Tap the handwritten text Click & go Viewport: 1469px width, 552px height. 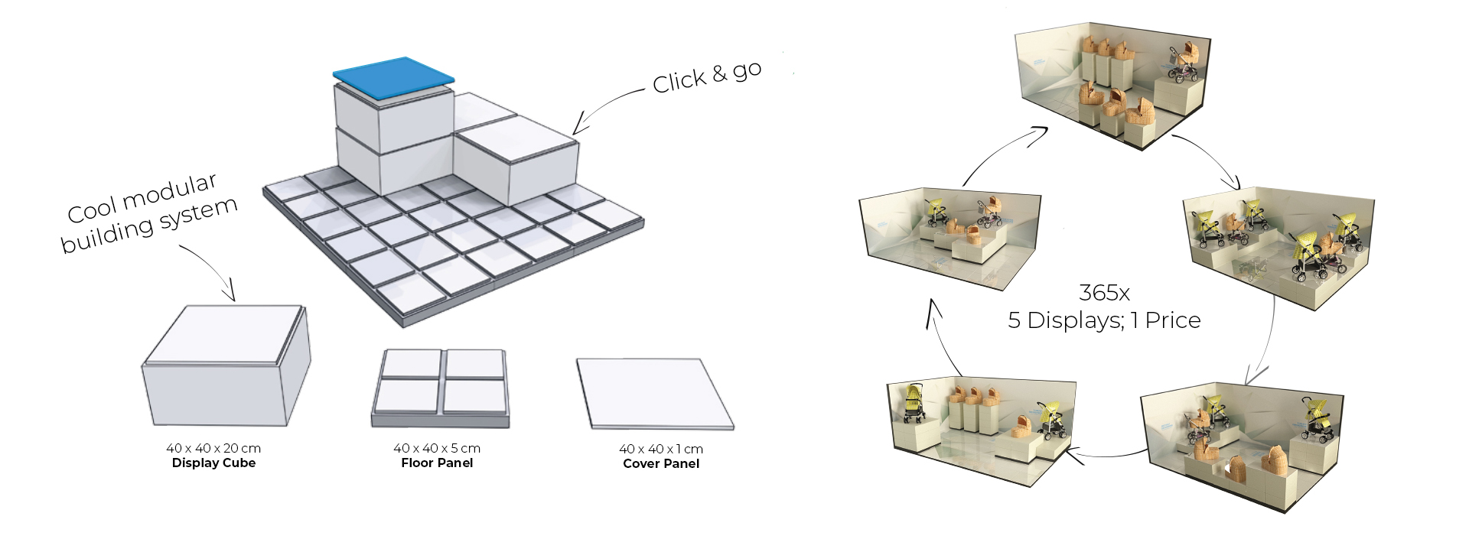[x=706, y=76]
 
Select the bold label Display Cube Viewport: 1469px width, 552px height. [x=213, y=463]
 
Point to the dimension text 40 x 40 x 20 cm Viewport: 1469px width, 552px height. [x=213, y=448]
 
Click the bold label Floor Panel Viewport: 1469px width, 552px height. [x=437, y=463]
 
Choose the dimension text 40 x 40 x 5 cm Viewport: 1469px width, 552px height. [x=437, y=448]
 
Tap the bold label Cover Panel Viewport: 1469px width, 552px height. [x=661, y=464]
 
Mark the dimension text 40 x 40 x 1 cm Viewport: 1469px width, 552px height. [x=661, y=449]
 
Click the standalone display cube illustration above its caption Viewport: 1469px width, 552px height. [x=226, y=367]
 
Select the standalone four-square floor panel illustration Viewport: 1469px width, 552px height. [x=441, y=387]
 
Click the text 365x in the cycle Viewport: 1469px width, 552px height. [x=1104, y=293]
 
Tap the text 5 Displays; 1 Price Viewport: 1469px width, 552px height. [x=1104, y=320]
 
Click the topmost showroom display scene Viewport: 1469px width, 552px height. [x=1113, y=88]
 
